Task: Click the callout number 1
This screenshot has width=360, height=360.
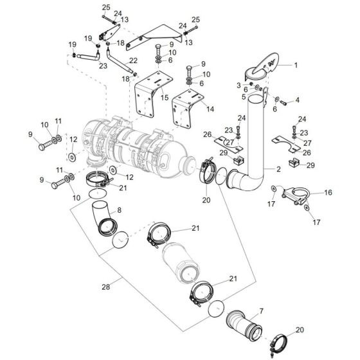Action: tap(296, 65)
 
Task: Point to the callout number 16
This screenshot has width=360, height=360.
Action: tap(328, 192)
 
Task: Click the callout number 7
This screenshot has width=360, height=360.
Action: tap(260, 312)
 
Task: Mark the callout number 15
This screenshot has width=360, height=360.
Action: tap(165, 98)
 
